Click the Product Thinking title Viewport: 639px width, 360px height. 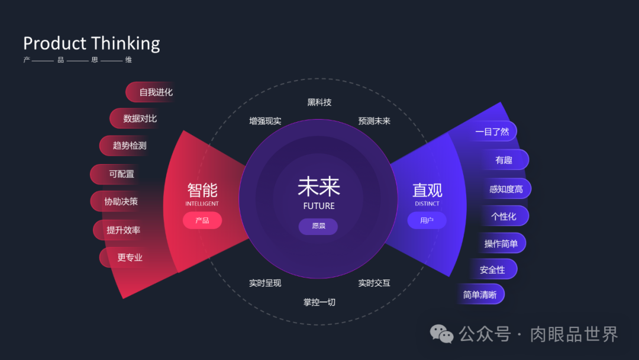[92, 43]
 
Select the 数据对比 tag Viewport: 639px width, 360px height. [137, 118]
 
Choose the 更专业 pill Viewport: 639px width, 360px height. [128, 258]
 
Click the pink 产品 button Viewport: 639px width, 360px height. [202, 220]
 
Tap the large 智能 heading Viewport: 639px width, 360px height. [202, 190]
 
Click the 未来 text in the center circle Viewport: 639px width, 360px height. [319, 187]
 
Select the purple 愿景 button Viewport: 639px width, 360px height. [318, 226]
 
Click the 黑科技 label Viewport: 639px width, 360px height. [319, 102]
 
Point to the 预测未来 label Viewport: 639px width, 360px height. [375, 121]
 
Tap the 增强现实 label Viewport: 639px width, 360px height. [265, 121]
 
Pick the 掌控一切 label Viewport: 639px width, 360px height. [319, 303]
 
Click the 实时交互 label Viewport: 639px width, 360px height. [375, 283]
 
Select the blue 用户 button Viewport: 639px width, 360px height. [427, 220]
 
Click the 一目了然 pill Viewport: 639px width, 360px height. [492, 131]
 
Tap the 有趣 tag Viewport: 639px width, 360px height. [504, 160]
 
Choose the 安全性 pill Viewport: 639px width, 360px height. [493, 269]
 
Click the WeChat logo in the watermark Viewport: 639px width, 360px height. [441, 334]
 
